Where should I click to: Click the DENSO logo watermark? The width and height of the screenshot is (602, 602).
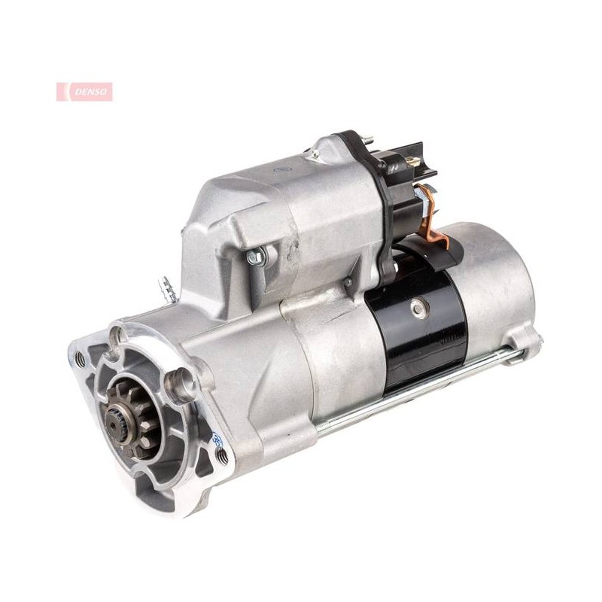(x=84, y=92)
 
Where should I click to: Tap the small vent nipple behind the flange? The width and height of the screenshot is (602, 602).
(x=166, y=287)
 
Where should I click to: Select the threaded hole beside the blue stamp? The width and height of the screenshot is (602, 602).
(x=221, y=456)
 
